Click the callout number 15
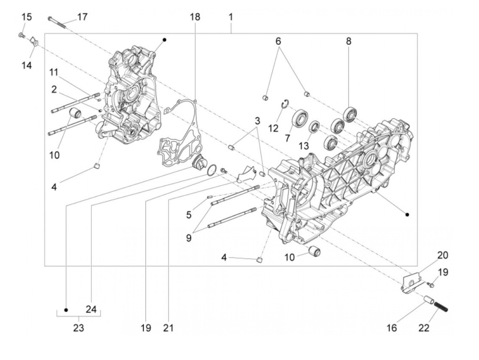point(27,17)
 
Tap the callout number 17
point(82,17)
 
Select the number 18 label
point(195,17)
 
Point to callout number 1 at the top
point(231,17)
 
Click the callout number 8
point(348,41)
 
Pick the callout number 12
point(273,128)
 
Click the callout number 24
point(91,309)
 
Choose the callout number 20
point(443,255)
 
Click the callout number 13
point(303,146)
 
